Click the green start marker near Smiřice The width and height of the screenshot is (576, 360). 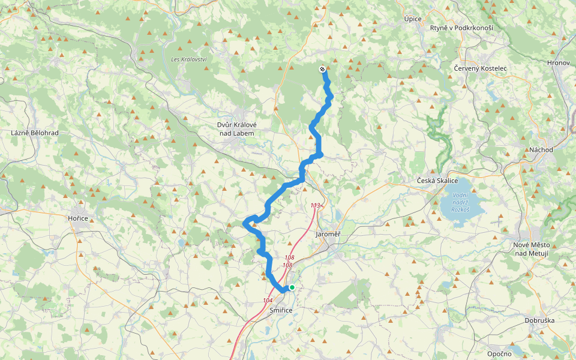point(292,287)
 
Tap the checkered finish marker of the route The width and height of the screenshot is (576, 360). point(323,69)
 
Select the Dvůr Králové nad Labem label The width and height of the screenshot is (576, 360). point(235,128)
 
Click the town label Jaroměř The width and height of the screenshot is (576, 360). point(328,234)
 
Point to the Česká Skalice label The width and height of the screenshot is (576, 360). point(437,181)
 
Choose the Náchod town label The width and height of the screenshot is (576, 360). point(541,149)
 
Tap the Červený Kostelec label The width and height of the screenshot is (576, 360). point(480,68)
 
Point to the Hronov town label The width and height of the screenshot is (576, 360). point(557,62)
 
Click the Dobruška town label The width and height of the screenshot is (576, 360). point(539,320)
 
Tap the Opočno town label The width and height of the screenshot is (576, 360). point(499,353)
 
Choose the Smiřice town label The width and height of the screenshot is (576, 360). point(281,310)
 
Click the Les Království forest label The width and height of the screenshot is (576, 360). point(188,59)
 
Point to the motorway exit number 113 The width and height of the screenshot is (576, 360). point(315,206)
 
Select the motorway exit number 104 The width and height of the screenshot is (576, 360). point(268,300)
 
